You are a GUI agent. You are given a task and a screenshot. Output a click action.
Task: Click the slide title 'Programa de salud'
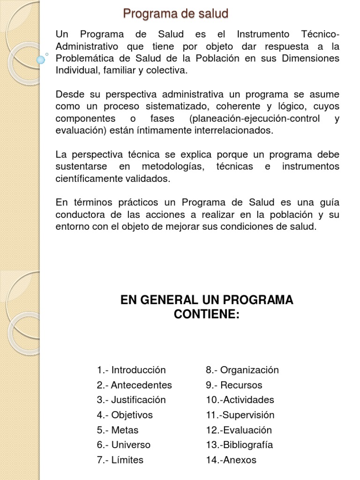click(175, 14)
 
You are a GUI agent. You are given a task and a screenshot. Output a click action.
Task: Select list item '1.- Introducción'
click(131, 370)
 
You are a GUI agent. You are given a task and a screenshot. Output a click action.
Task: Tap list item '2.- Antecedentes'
click(135, 385)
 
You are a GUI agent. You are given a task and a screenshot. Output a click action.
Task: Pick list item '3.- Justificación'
click(131, 400)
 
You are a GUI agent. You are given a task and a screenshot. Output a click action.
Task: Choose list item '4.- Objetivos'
click(125, 415)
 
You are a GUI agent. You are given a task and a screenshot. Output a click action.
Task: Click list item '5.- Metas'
click(118, 430)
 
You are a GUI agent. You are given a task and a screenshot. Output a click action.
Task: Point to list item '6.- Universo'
click(124, 445)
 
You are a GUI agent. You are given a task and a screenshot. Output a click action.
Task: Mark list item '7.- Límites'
click(120, 460)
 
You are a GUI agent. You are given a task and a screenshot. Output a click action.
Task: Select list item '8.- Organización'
click(242, 370)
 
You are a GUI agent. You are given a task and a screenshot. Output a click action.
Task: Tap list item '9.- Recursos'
click(234, 385)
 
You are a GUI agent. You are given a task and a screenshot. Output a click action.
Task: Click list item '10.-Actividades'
click(240, 400)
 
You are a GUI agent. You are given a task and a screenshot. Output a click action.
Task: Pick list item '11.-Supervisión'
click(240, 415)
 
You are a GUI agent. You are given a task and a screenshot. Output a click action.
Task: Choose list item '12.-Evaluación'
click(239, 430)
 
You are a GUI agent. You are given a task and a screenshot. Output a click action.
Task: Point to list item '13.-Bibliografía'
click(239, 445)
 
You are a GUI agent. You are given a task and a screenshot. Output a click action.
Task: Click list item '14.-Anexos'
click(231, 460)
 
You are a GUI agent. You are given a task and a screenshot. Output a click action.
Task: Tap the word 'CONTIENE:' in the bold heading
click(206, 314)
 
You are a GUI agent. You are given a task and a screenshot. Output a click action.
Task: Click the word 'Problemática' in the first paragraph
click(86, 59)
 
